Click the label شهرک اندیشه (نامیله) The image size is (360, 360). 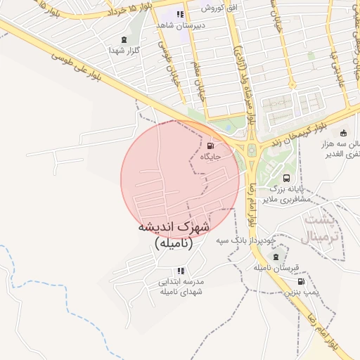pyautogui.click(x=173, y=235)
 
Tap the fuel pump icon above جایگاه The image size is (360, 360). pyautogui.click(x=211, y=146)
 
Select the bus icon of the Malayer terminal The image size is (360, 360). pyautogui.click(x=286, y=179)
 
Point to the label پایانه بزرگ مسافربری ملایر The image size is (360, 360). pyautogui.click(x=290, y=195)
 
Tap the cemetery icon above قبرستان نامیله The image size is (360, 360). pyautogui.click(x=276, y=257)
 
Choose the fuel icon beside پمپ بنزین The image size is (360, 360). pyautogui.click(x=302, y=282)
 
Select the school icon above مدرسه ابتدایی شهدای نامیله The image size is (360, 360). pyautogui.click(x=181, y=271)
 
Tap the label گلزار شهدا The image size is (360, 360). pyautogui.click(x=124, y=51)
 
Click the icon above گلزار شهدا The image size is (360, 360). pyautogui.click(x=124, y=39)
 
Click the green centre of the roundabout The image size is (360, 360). pyautogui.click(x=250, y=148)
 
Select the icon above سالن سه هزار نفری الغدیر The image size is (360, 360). pyautogui.click(x=343, y=133)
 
